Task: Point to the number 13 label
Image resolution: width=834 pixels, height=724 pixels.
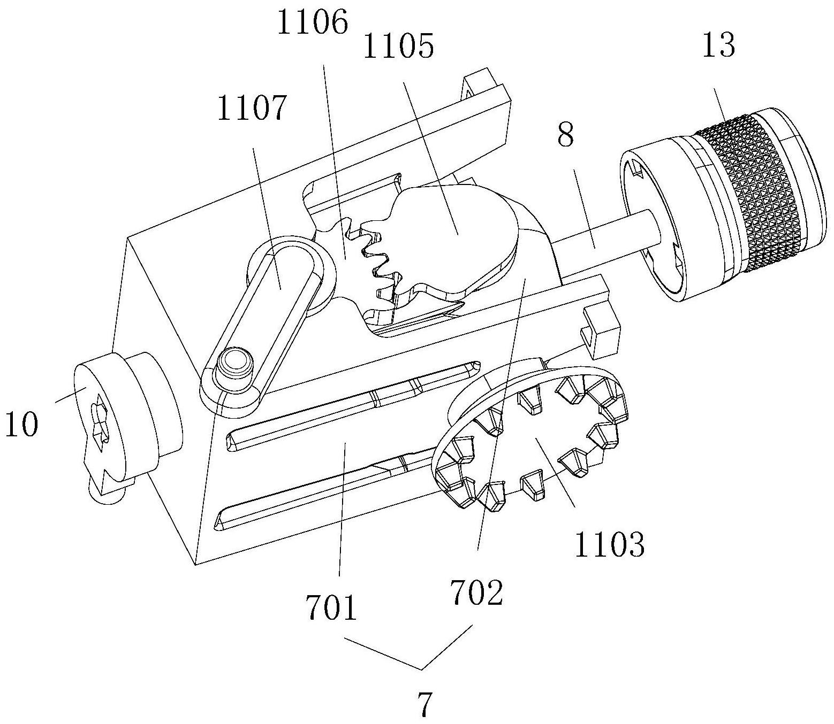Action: click(719, 45)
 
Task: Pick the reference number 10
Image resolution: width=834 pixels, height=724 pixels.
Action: click(21, 426)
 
